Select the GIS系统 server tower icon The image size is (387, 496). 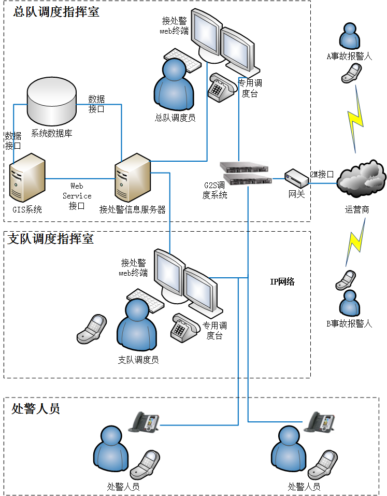coord(27,178)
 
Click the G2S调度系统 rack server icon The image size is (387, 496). coord(245,173)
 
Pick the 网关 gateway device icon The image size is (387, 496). coord(296,178)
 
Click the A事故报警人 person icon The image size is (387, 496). coord(350,36)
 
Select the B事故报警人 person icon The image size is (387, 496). coord(350,303)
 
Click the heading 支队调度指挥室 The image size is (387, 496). coord(51,239)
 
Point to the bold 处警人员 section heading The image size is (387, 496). coord(35,409)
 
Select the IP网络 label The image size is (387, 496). coord(282,281)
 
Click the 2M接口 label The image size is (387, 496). coord(322,174)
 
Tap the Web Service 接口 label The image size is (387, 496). coord(77,196)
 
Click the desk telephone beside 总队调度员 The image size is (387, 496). coord(222,87)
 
